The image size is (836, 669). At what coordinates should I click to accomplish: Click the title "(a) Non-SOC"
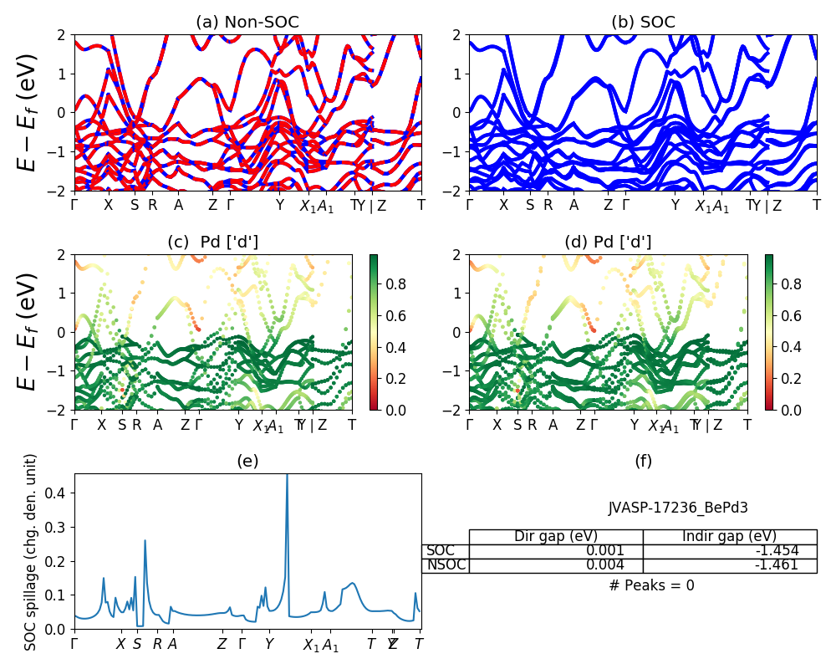(247, 23)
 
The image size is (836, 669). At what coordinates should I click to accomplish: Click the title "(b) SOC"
(643, 23)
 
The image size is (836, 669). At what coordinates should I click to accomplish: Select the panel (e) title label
(247, 460)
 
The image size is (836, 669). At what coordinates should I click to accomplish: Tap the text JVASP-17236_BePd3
(665, 508)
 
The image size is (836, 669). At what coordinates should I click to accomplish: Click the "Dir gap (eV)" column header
(556, 537)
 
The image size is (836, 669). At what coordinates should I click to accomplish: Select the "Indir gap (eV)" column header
(729, 537)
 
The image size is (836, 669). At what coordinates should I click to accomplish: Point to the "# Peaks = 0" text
(651, 585)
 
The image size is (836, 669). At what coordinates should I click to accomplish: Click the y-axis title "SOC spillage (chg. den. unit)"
(31, 552)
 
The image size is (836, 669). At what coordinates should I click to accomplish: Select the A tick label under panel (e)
(172, 645)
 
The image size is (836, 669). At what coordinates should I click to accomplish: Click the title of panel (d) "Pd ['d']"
(608, 243)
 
